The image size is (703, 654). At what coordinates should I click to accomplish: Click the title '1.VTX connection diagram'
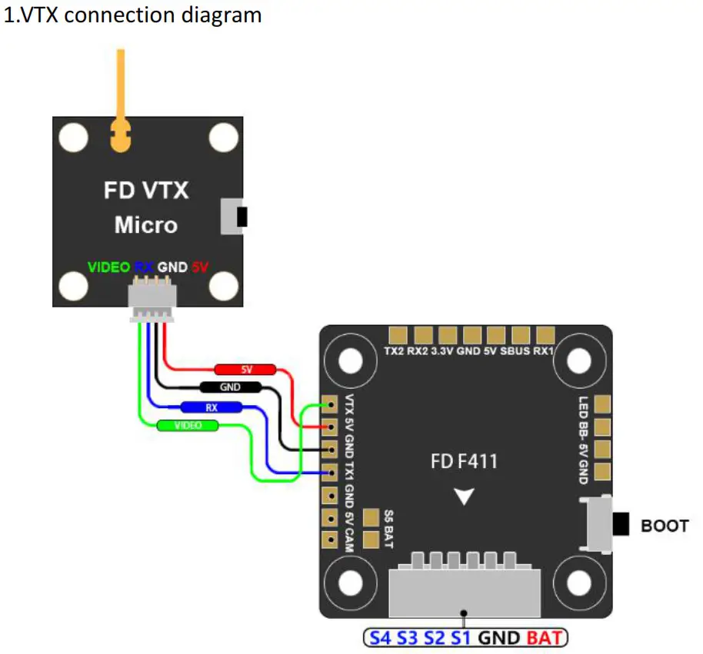133,15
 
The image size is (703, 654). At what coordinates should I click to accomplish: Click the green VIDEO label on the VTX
108,267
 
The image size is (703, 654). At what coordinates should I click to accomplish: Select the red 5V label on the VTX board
200,267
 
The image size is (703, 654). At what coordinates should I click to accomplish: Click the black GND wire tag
230,387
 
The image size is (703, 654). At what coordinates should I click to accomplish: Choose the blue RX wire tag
211,407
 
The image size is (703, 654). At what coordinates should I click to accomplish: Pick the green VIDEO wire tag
187,425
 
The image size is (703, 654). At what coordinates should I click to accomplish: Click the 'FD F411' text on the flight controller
464,462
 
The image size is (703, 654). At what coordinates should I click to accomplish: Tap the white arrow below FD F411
464,497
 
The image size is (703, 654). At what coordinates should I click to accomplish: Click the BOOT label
665,526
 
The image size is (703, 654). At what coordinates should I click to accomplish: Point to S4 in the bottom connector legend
380,637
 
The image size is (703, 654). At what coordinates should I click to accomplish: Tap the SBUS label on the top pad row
515,352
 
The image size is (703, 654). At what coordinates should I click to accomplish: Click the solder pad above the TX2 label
398,335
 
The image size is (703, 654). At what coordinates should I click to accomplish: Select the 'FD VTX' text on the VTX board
146,190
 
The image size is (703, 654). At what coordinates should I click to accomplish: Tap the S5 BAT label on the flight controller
389,530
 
